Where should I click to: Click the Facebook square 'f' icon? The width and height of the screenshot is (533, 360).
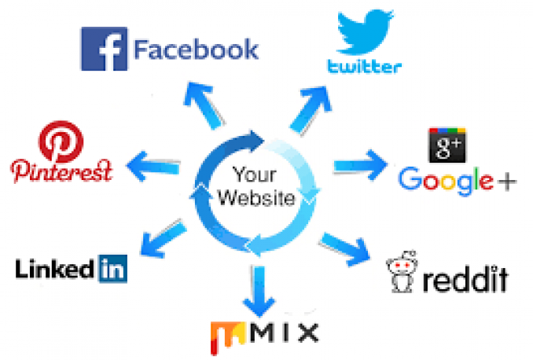[x=105, y=49]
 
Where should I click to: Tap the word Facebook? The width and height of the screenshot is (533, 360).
[x=197, y=50]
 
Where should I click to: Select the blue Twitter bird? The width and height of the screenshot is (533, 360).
[x=366, y=32]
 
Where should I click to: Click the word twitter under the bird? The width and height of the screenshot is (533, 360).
[x=365, y=66]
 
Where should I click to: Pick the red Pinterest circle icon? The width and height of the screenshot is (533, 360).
[x=61, y=141]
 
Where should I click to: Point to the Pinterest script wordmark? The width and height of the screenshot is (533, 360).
[x=61, y=171]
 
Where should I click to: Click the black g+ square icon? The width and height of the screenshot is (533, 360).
[x=447, y=145]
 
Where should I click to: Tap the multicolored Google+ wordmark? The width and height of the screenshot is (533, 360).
[x=458, y=181]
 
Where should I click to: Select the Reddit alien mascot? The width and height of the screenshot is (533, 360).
[x=402, y=271]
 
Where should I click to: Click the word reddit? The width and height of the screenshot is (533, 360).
[x=465, y=279]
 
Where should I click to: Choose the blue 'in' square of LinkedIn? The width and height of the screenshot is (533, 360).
[x=113, y=269]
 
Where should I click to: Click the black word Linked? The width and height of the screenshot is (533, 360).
[x=54, y=269]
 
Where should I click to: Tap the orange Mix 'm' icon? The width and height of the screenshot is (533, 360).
[x=227, y=337]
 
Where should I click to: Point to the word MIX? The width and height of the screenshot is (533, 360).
[x=285, y=332]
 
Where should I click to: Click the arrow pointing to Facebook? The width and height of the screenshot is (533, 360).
[x=204, y=105]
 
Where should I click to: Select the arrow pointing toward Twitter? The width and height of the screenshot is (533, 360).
[x=311, y=110]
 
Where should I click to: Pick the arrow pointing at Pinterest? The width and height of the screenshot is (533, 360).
[x=153, y=166]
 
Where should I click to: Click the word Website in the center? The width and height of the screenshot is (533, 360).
[x=256, y=198]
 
